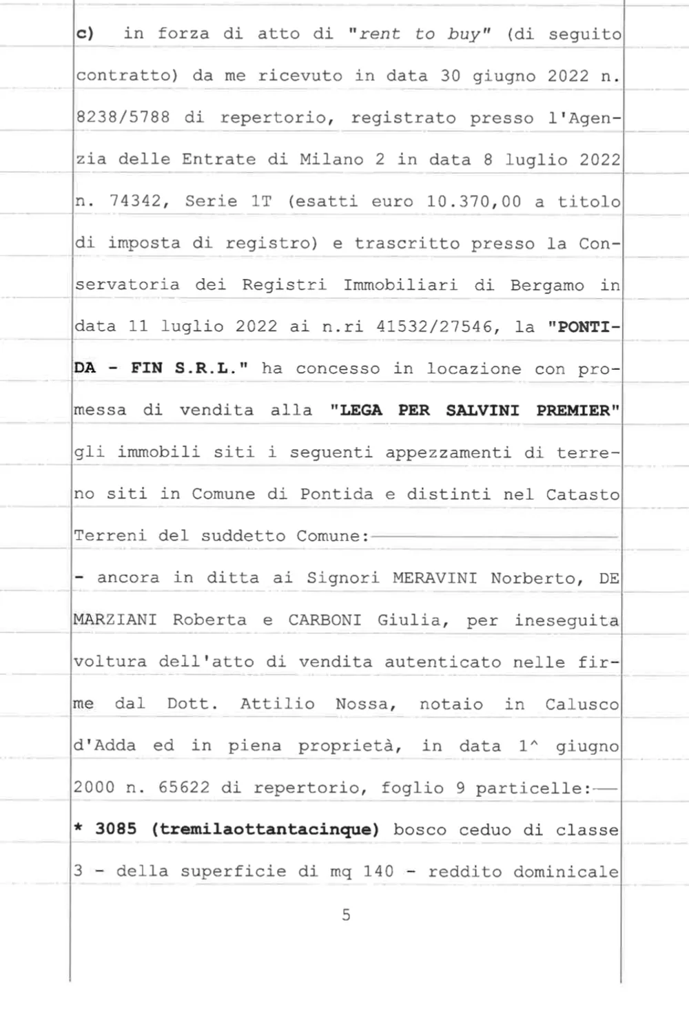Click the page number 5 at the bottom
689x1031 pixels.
coord(346,915)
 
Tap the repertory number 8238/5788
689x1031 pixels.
coord(123,117)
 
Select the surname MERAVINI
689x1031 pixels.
coord(435,578)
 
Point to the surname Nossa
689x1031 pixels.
coord(362,704)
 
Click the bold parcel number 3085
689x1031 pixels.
coord(116,829)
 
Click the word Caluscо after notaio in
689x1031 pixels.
coord(582,704)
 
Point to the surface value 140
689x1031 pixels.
coord(378,871)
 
